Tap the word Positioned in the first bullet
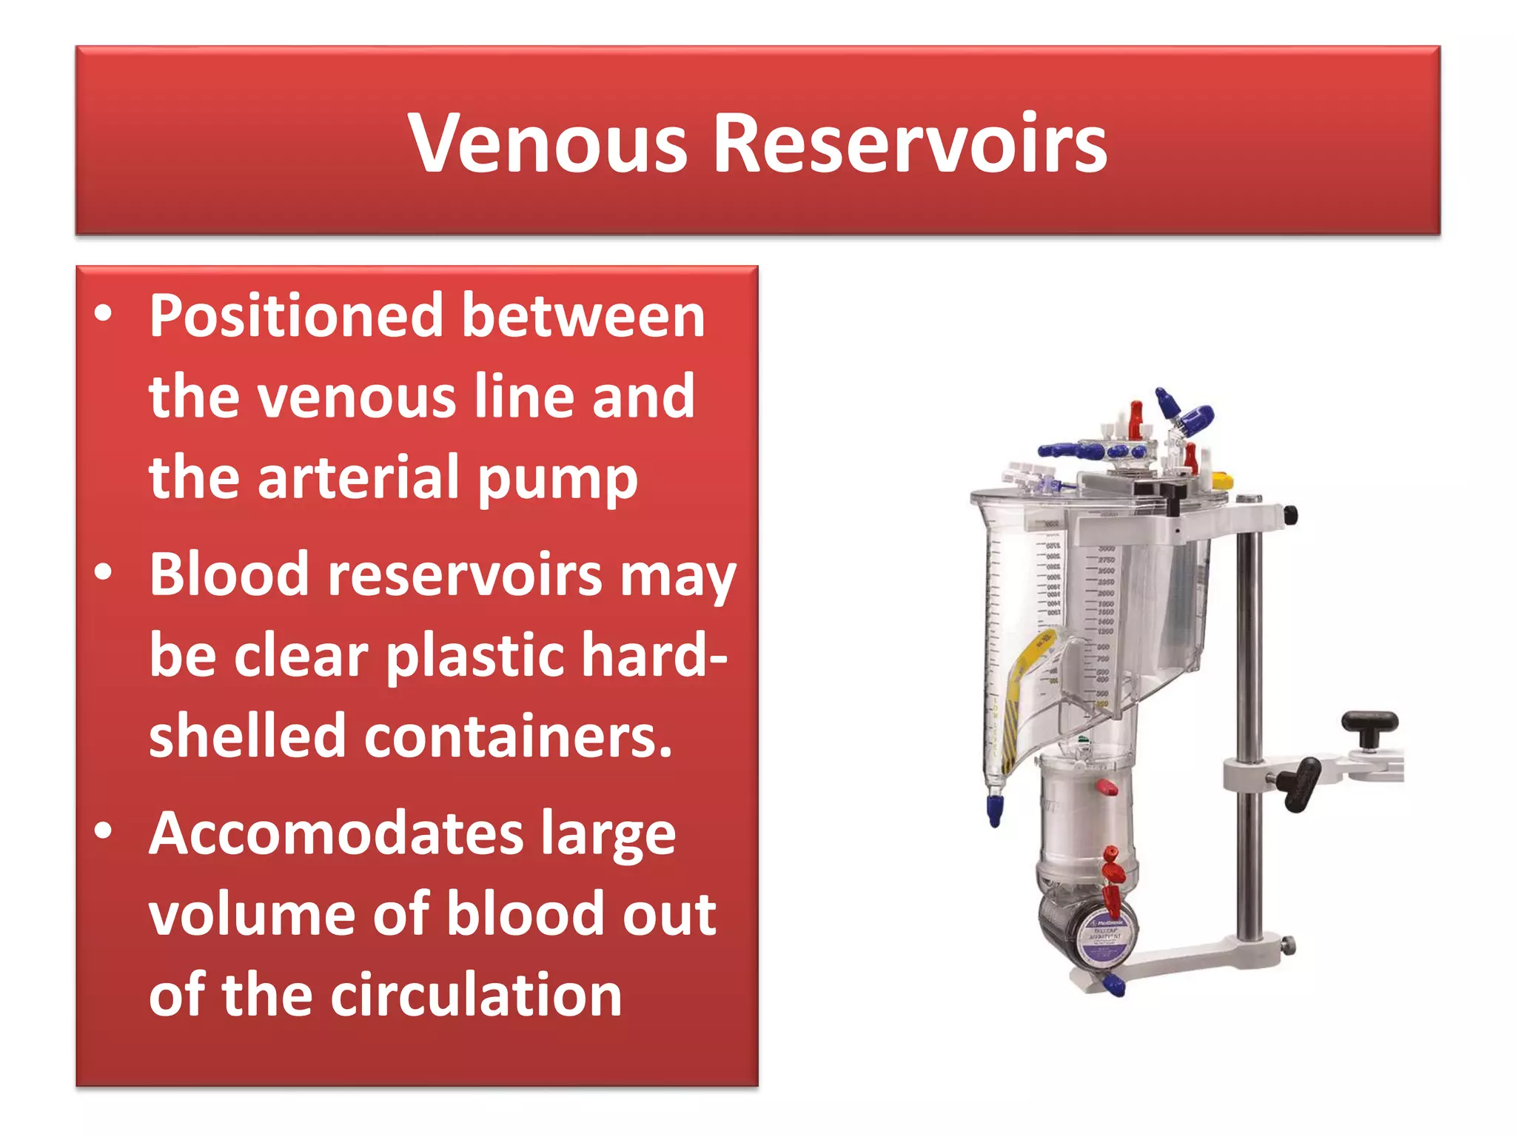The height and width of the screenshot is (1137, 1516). (296, 317)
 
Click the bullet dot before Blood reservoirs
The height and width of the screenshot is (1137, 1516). (104, 572)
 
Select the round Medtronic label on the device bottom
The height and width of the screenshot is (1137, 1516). (1106, 937)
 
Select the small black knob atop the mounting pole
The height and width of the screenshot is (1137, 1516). (1290, 514)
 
